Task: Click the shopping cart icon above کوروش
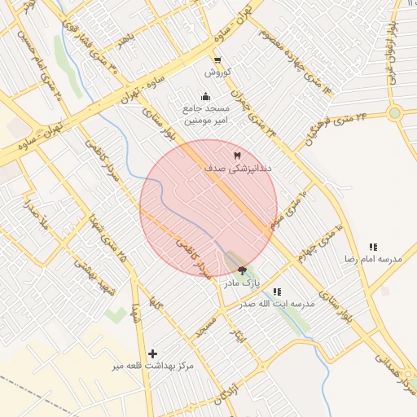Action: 217,59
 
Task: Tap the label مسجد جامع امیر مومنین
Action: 206,114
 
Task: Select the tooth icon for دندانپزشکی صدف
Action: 238,155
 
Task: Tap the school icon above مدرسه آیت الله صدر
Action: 278,292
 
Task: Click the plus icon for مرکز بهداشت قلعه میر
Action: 152,353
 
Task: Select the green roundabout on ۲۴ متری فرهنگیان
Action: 395,113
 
